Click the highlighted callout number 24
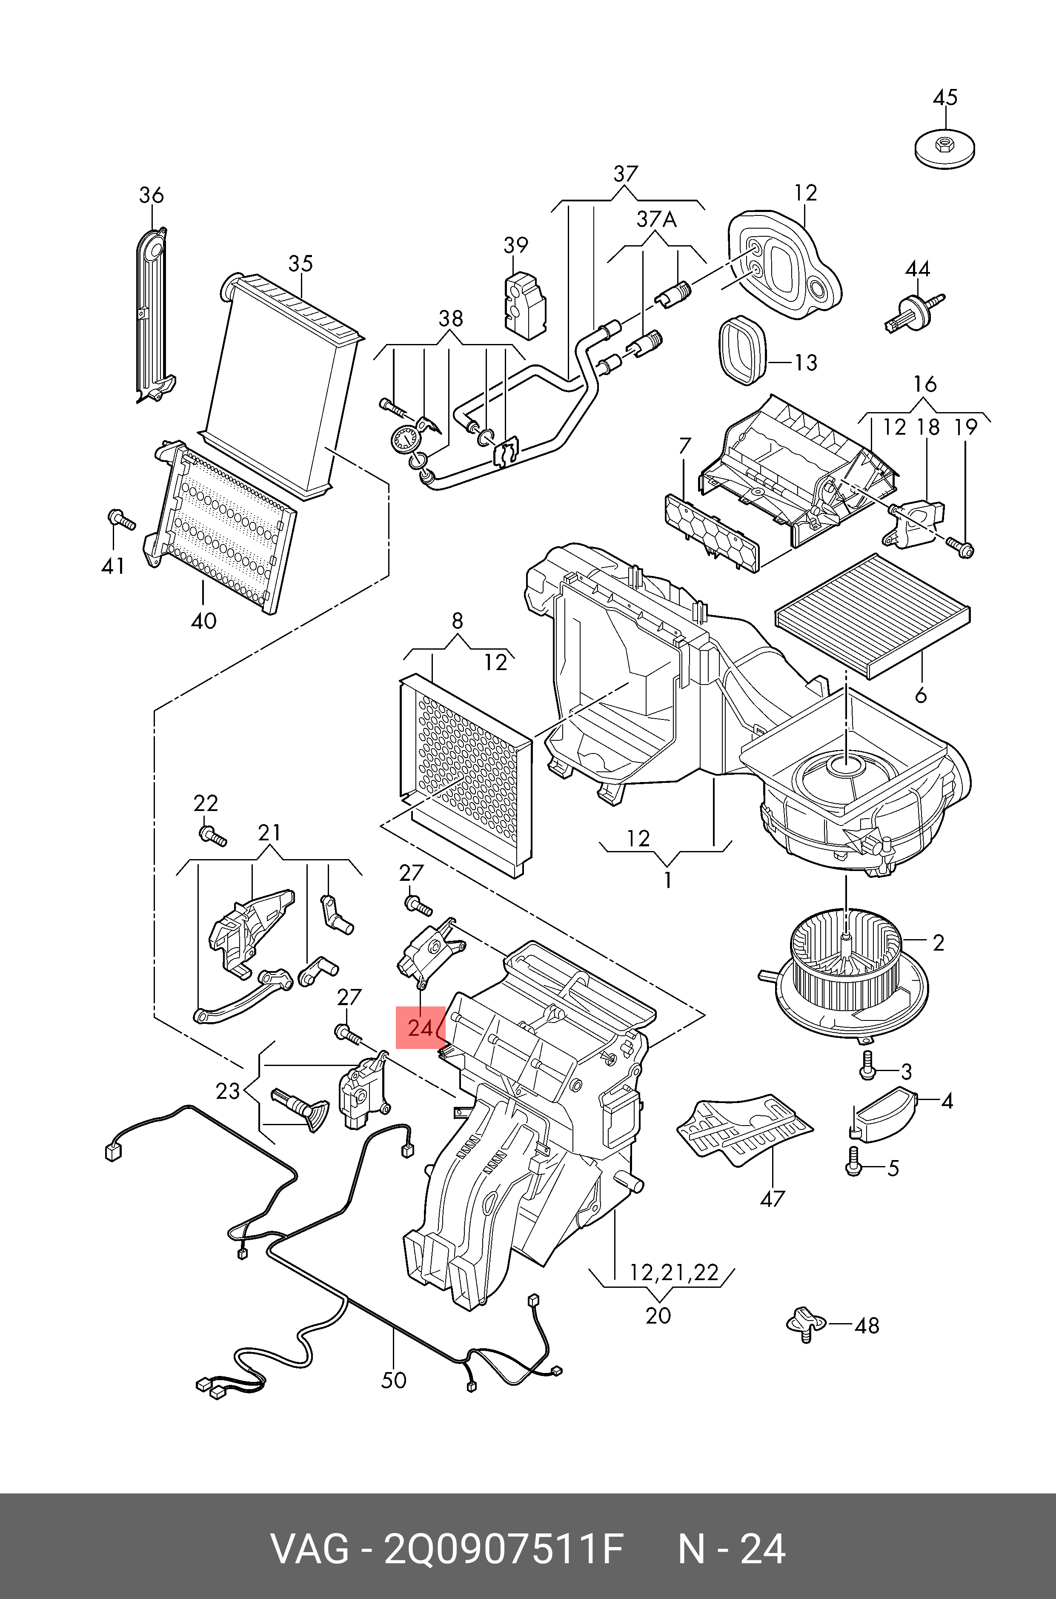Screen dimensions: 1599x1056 click(420, 1028)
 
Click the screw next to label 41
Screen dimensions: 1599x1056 click(120, 519)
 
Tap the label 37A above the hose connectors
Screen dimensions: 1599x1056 click(657, 220)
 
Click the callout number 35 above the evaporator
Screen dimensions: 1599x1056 click(300, 264)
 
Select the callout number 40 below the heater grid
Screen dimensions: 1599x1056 click(203, 620)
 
